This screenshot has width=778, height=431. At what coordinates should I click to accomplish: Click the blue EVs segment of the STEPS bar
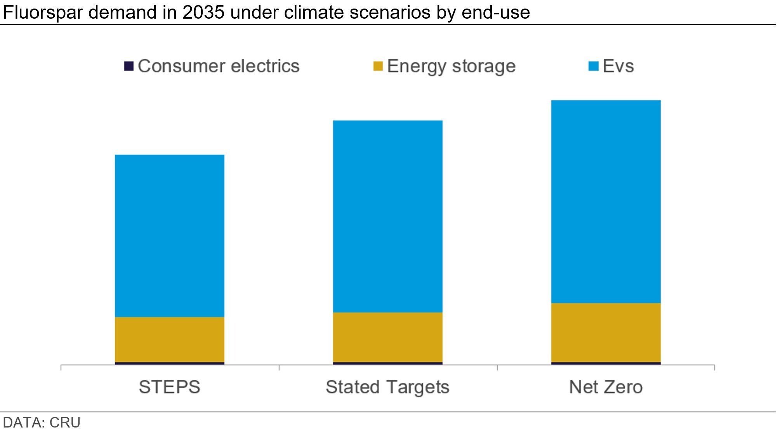pos(169,236)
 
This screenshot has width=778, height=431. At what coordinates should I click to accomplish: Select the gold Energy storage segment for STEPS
pos(169,339)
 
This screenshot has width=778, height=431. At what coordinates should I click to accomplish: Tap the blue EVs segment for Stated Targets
pos(387,216)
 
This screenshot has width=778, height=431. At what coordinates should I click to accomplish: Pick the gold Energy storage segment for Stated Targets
pos(387,337)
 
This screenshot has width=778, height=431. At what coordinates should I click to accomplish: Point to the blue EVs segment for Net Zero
pos(606,201)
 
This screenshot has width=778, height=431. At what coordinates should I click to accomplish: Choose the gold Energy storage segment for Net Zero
pos(606,332)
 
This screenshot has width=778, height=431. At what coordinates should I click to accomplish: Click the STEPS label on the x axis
pos(169,387)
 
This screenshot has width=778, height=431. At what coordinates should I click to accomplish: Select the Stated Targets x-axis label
pos(387,387)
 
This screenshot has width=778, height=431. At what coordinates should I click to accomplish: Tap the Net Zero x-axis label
pos(606,387)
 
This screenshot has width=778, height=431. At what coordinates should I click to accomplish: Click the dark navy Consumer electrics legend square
pos(129,66)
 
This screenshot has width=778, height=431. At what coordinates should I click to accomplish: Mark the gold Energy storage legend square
pos(378,66)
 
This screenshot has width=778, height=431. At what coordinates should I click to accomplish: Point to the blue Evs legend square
pos(593,66)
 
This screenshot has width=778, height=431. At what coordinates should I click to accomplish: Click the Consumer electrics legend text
pos(219,66)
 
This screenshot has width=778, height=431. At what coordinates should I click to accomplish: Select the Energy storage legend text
pos(451,66)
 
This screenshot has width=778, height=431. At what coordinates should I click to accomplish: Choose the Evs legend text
pos(618,66)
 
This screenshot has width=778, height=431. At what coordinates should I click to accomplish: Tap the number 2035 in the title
pos(203,12)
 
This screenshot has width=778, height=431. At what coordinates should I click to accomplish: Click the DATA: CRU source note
pos(42,422)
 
